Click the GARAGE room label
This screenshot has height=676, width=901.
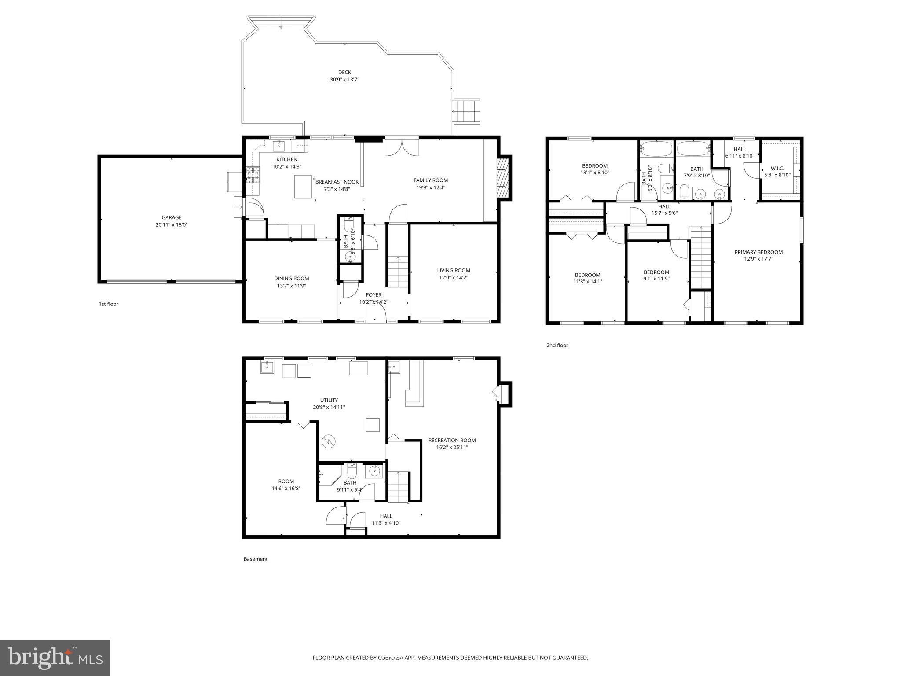pyautogui.click(x=172, y=217)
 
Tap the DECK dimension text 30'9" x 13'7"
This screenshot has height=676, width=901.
pyautogui.click(x=344, y=80)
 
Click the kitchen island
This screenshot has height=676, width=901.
pyautogui.click(x=303, y=187)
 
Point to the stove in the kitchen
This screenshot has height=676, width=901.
pyautogui.click(x=254, y=175)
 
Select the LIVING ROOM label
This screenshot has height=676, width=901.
pyautogui.click(x=453, y=270)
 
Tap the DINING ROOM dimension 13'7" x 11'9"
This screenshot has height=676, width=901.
pyautogui.click(x=291, y=286)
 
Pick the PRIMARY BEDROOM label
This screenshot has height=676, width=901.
pyautogui.click(x=758, y=252)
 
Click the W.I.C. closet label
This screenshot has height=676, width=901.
pyautogui.click(x=777, y=168)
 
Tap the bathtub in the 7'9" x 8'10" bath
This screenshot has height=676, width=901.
pyautogui.click(x=693, y=149)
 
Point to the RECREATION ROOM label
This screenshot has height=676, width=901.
pyautogui.click(x=452, y=440)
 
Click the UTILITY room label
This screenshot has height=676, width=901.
pyautogui.click(x=329, y=400)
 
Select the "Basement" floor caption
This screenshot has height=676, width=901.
pyautogui.click(x=255, y=559)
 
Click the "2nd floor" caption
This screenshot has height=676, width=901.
pyautogui.click(x=557, y=345)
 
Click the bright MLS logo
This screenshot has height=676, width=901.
pyautogui.click(x=55, y=658)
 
